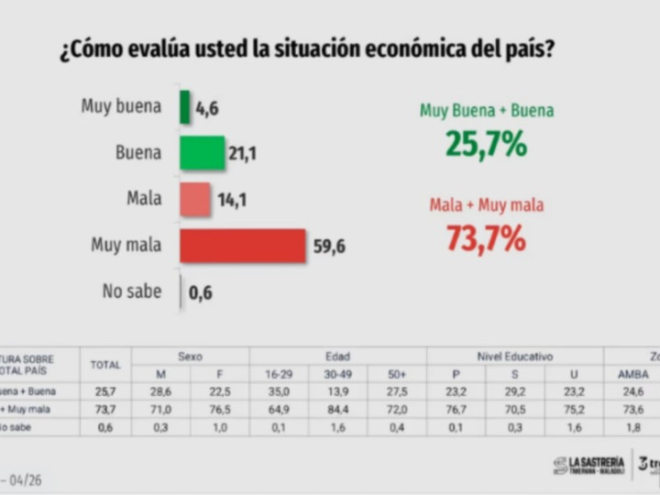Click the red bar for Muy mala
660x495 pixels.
point(243,246)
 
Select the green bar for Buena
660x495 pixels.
point(203,153)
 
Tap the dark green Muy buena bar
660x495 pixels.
point(185,106)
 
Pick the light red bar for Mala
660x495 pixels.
point(195,200)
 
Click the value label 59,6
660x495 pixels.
point(328,246)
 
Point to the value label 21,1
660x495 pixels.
point(242,154)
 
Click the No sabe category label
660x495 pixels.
point(132,292)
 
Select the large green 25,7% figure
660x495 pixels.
point(486,144)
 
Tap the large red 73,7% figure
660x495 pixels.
point(486,238)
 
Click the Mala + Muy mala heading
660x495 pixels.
point(486,205)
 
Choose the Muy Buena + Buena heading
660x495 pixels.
point(486,111)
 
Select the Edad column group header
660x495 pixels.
point(337,357)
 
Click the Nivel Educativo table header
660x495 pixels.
point(515,357)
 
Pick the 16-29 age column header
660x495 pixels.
point(280,374)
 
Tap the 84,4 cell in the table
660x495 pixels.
point(338,409)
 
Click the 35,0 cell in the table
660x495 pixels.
point(280,391)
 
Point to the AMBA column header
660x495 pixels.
point(632,374)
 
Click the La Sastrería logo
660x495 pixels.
point(588,465)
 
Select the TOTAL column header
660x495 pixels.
point(105,365)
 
